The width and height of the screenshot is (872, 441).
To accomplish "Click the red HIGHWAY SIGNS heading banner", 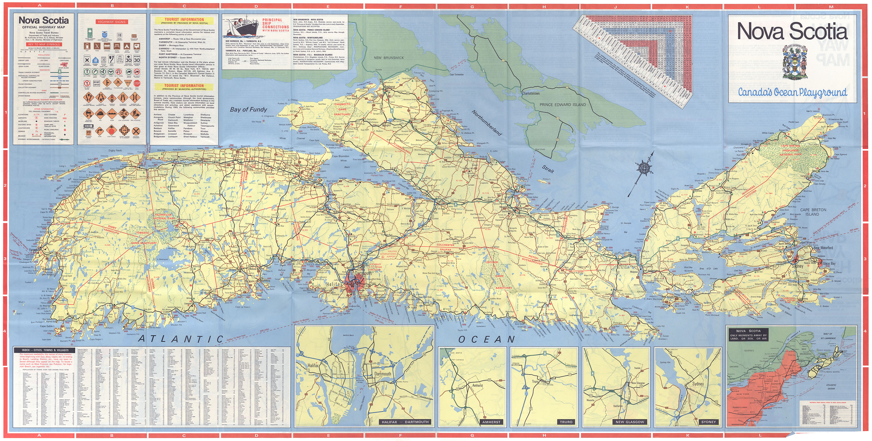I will click(x=112, y=22).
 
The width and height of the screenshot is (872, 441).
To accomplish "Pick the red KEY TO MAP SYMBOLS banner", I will click(x=44, y=44).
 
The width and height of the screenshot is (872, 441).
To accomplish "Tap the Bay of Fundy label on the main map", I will click(x=248, y=109).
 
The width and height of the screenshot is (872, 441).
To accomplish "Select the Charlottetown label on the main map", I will click(x=531, y=93).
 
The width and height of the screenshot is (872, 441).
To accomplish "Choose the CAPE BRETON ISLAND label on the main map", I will click(x=813, y=212).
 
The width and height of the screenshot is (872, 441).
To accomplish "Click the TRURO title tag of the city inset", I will click(x=566, y=422).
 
